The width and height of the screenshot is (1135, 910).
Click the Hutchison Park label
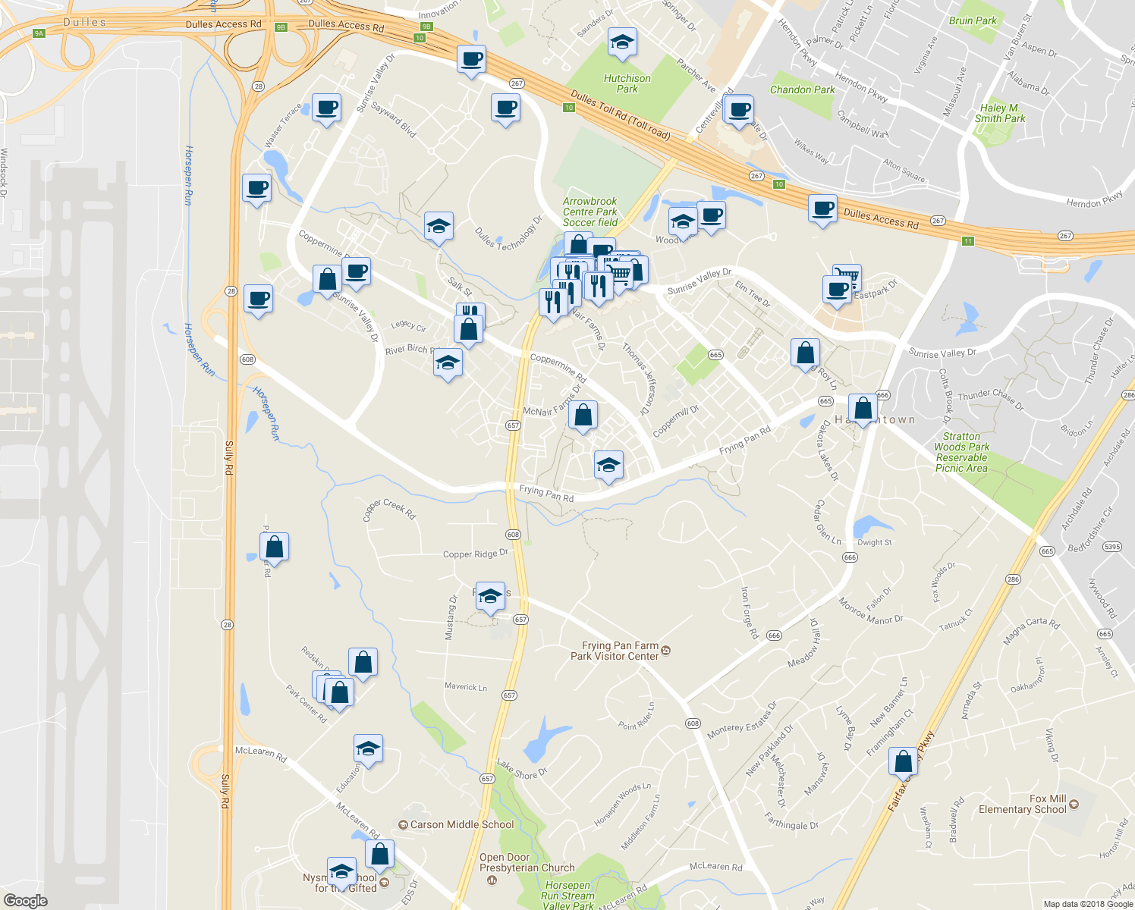(x=627, y=83)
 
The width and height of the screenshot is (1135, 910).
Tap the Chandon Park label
(x=802, y=89)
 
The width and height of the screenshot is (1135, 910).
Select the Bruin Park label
(x=973, y=20)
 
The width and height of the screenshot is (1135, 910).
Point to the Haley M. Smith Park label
(x=999, y=113)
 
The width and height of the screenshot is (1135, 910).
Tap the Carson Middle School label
(x=461, y=824)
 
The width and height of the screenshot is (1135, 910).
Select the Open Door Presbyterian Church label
(x=527, y=863)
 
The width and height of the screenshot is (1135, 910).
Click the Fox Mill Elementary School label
(x=1022, y=804)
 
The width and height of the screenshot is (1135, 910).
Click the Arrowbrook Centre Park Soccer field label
(x=590, y=212)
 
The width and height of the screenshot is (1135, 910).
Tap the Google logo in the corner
(x=25, y=900)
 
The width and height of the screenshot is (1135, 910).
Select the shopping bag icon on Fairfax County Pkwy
(x=903, y=761)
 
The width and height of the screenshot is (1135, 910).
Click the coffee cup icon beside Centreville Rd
(x=739, y=109)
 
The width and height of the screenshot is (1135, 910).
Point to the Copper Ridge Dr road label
(x=475, y=554)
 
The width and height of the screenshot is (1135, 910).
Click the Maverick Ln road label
(x=466, y=686)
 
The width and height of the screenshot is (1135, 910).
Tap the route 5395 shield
(x=1111, y=547)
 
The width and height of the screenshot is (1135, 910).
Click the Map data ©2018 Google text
(x=1088, y=904)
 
